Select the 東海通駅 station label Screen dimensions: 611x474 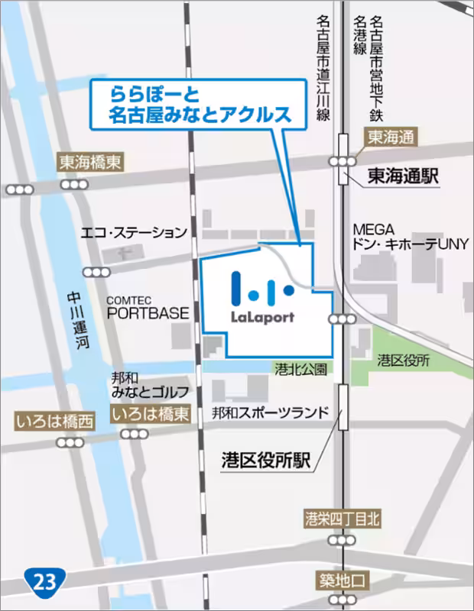pyautogui.click(x=402, y=176)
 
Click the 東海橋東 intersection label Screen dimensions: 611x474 pyautogui.click(x=91, y=162)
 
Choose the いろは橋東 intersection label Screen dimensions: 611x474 pyautogui.click(x=150, y=414)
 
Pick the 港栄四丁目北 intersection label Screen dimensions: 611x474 pyautogui.click(x=342, y=519)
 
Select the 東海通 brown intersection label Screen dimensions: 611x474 pyautogui.click(x=390, y=137)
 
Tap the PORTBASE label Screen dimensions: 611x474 pyautogui.click(x=147, y=313)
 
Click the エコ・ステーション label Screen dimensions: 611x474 pyautogui.click(x=134, y=231)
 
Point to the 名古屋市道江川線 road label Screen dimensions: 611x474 pyautogui.click(x=323, y=70)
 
